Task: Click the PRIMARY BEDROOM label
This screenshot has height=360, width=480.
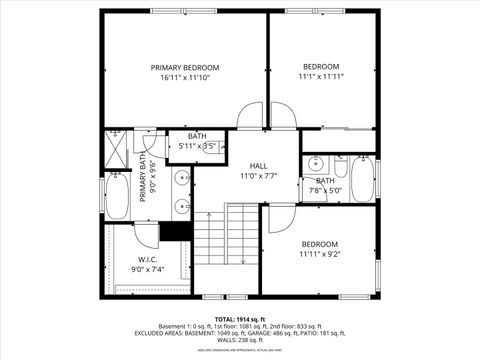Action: (x=184, y=67)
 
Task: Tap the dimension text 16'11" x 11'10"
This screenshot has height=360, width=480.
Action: (x=184, y=78)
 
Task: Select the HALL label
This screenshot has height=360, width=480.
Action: (x=258, y=166)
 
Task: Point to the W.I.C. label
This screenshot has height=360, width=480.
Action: (x=148, y=259)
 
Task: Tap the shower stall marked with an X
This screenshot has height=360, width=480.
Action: (x=118, y=149)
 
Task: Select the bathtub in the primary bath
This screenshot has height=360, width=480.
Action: (x=117, y=196)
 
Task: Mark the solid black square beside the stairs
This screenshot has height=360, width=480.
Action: (x=176, y=231)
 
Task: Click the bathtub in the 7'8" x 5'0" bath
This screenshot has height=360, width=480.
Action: (x=360, y=179)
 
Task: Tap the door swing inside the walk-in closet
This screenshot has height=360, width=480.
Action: (x=147, y=234)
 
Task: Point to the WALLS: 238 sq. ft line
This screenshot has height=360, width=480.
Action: (x=239, y=340)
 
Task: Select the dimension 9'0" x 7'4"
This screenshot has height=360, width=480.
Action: (x=148, y=269)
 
